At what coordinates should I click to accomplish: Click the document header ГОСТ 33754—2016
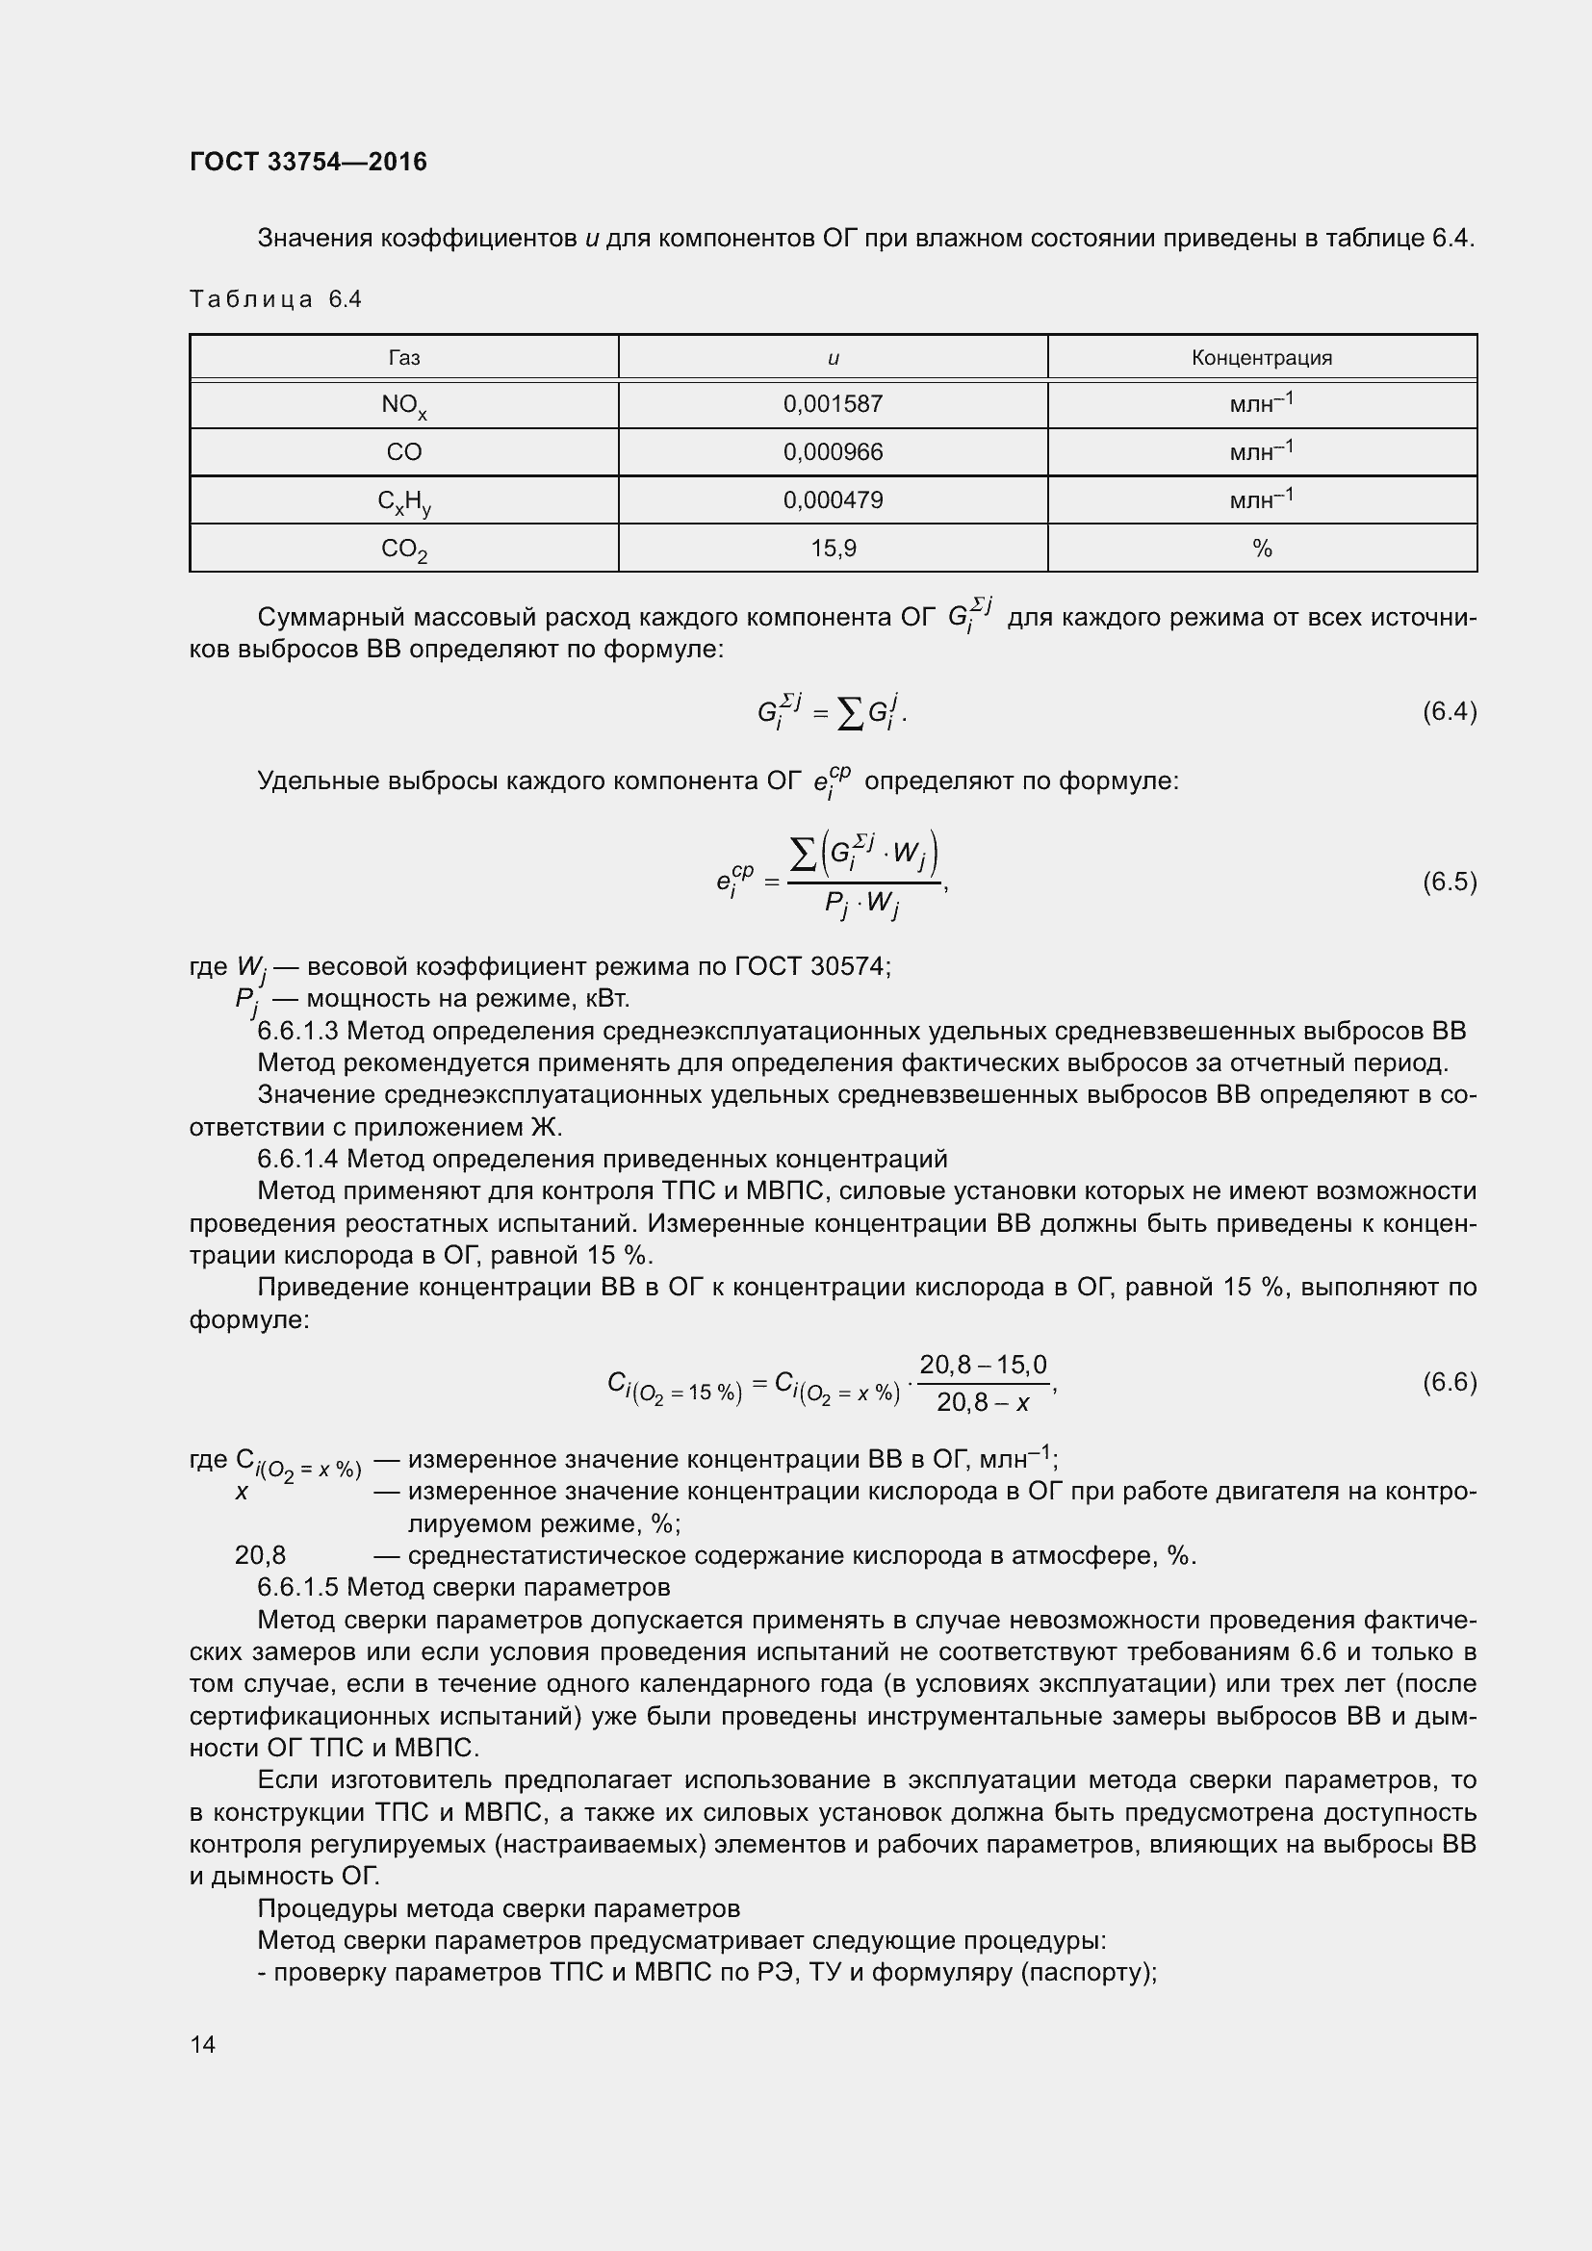308,162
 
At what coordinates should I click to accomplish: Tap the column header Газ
404,358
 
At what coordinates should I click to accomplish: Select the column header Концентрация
1261,358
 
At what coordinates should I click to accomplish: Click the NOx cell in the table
404,405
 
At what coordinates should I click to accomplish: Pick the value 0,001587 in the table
833,404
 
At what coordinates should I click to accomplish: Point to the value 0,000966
833,452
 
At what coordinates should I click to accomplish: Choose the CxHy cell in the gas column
404,501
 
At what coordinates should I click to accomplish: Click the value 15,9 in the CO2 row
833,548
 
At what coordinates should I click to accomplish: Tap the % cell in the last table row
1261,548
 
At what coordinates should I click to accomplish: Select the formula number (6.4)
1449,712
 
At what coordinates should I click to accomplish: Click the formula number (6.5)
1449,882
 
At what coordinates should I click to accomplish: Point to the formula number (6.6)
1449,1382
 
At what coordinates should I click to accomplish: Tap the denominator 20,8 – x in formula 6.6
983,1403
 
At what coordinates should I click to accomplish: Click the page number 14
203,2044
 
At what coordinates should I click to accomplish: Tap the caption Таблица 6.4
275,300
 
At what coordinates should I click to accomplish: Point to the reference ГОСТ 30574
809,966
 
